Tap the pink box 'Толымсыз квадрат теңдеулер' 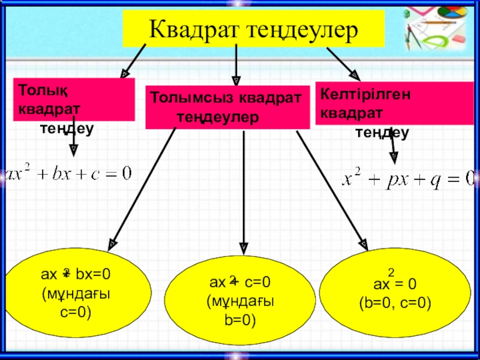pyautogui.click(x=227, y=107)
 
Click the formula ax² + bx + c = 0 pyautogui.click(x=68, y=175)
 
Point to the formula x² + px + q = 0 pyautogui.click(x=409, y=178)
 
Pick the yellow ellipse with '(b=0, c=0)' pyautogui.click(x=395, y=293)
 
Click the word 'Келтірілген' pyautogui.click(x=359, y=95)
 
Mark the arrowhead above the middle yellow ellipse pyautogui.click(x=243, y=246)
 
